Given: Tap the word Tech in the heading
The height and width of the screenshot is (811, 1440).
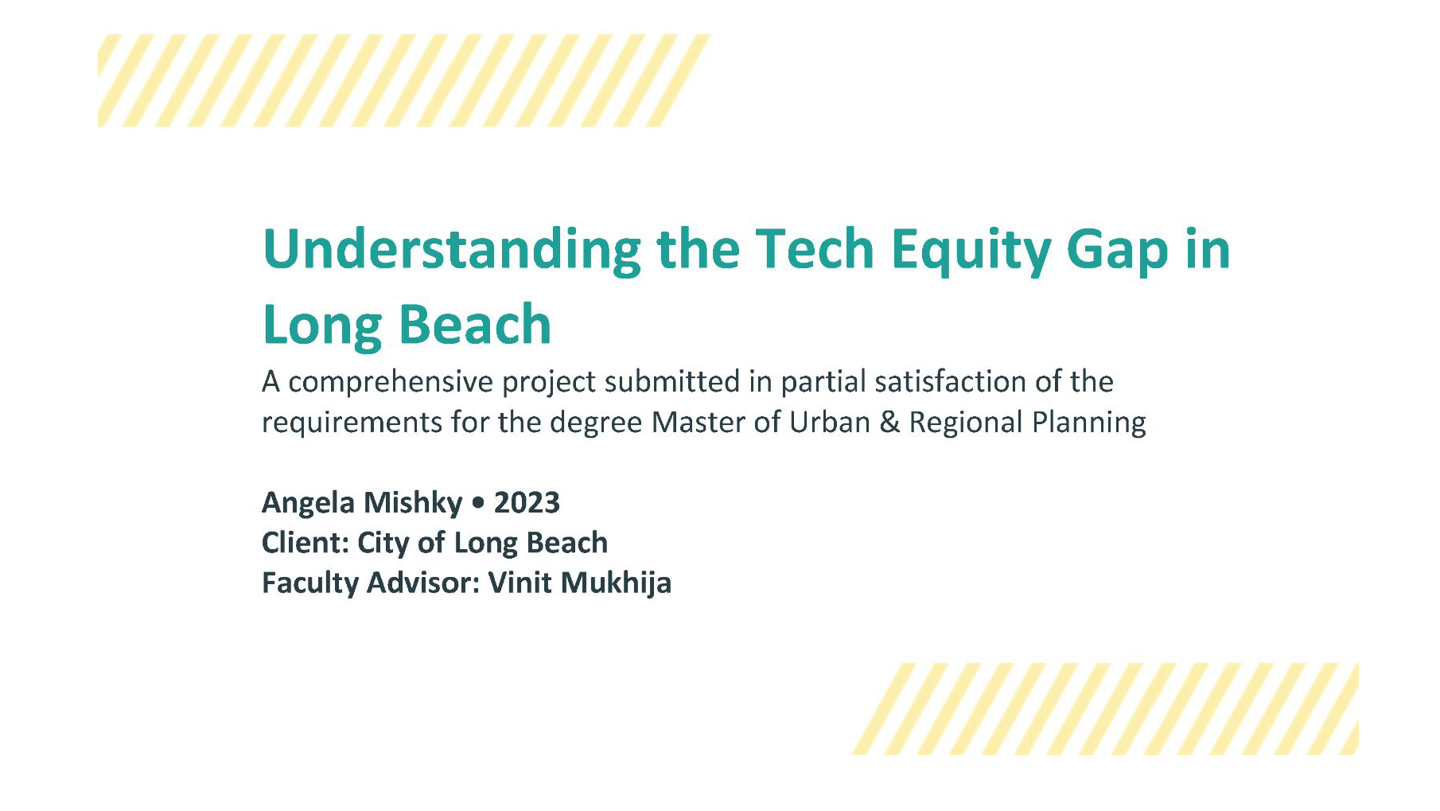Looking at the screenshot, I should [814, 250].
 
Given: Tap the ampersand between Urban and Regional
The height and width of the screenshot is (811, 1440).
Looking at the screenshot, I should [889, 422].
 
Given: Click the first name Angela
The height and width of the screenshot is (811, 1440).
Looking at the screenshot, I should [307, 503].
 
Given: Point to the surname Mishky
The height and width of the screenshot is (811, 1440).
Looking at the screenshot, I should [412, 503].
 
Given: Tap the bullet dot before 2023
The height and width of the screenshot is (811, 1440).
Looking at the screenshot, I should [477, 504].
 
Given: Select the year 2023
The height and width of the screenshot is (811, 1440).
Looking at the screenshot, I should [527, 503].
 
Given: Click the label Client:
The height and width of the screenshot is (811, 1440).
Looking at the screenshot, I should [306, 543].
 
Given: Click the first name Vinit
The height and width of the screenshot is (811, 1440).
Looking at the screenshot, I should [520, 583].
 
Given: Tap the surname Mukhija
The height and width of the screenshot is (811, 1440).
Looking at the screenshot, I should [616, 583].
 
